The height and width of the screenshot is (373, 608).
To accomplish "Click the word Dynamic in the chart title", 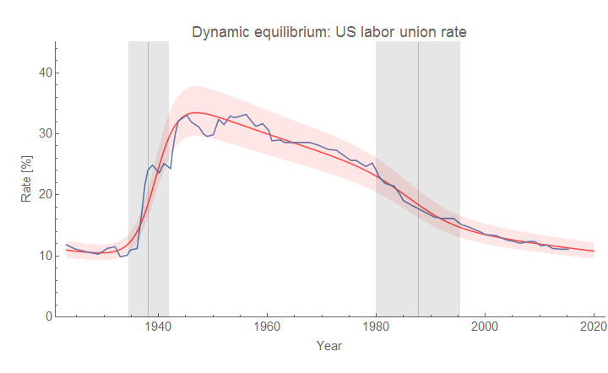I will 217,32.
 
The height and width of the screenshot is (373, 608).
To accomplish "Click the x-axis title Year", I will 329,346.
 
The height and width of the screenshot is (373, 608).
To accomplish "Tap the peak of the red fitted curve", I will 195,112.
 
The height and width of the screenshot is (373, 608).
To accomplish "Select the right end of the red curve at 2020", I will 594,251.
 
